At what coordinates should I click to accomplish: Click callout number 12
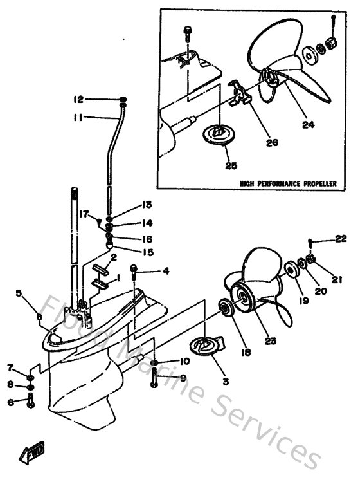click(78, 100)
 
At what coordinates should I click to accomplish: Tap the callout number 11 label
click(78, 118)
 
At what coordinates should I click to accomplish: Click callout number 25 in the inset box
click(230, 165)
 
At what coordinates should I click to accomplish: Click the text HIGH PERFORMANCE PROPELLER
click(288, 183)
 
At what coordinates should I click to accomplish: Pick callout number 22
click(341, 239)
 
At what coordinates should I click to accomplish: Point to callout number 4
click(165, 271)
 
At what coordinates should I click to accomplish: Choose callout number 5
click(19, 293)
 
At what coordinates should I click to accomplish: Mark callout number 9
click(183, 378)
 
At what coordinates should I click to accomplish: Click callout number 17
click(83, 214)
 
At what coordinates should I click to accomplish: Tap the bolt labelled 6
click(31, 402)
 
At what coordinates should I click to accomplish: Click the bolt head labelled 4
click(134, 268)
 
